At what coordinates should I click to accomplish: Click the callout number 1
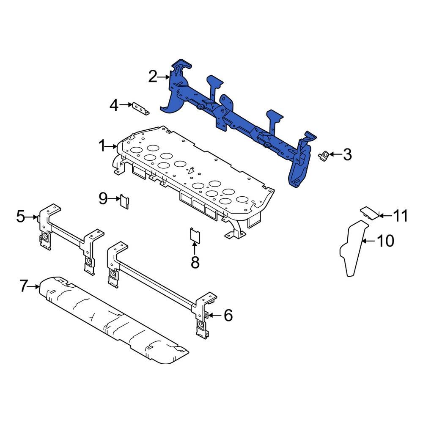[x=102, y=146]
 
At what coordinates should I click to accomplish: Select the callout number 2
[x=153, y=77]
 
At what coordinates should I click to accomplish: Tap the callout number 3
[x=347, y=154]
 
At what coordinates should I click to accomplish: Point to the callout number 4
[x=114, y=105]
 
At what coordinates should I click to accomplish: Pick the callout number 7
[x=25, y=287]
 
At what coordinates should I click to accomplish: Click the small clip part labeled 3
[x=324, y=154]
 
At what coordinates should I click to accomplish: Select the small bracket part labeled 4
[x=140, y=108]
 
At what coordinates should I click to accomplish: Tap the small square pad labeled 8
[x=195, y=234]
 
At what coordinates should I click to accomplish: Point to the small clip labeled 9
[x=125, y=201]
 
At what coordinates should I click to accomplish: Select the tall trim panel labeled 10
[x=352, y=250]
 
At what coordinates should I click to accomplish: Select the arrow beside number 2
[x=164, y=77]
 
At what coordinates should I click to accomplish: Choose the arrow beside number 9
[x=115, y=198]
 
